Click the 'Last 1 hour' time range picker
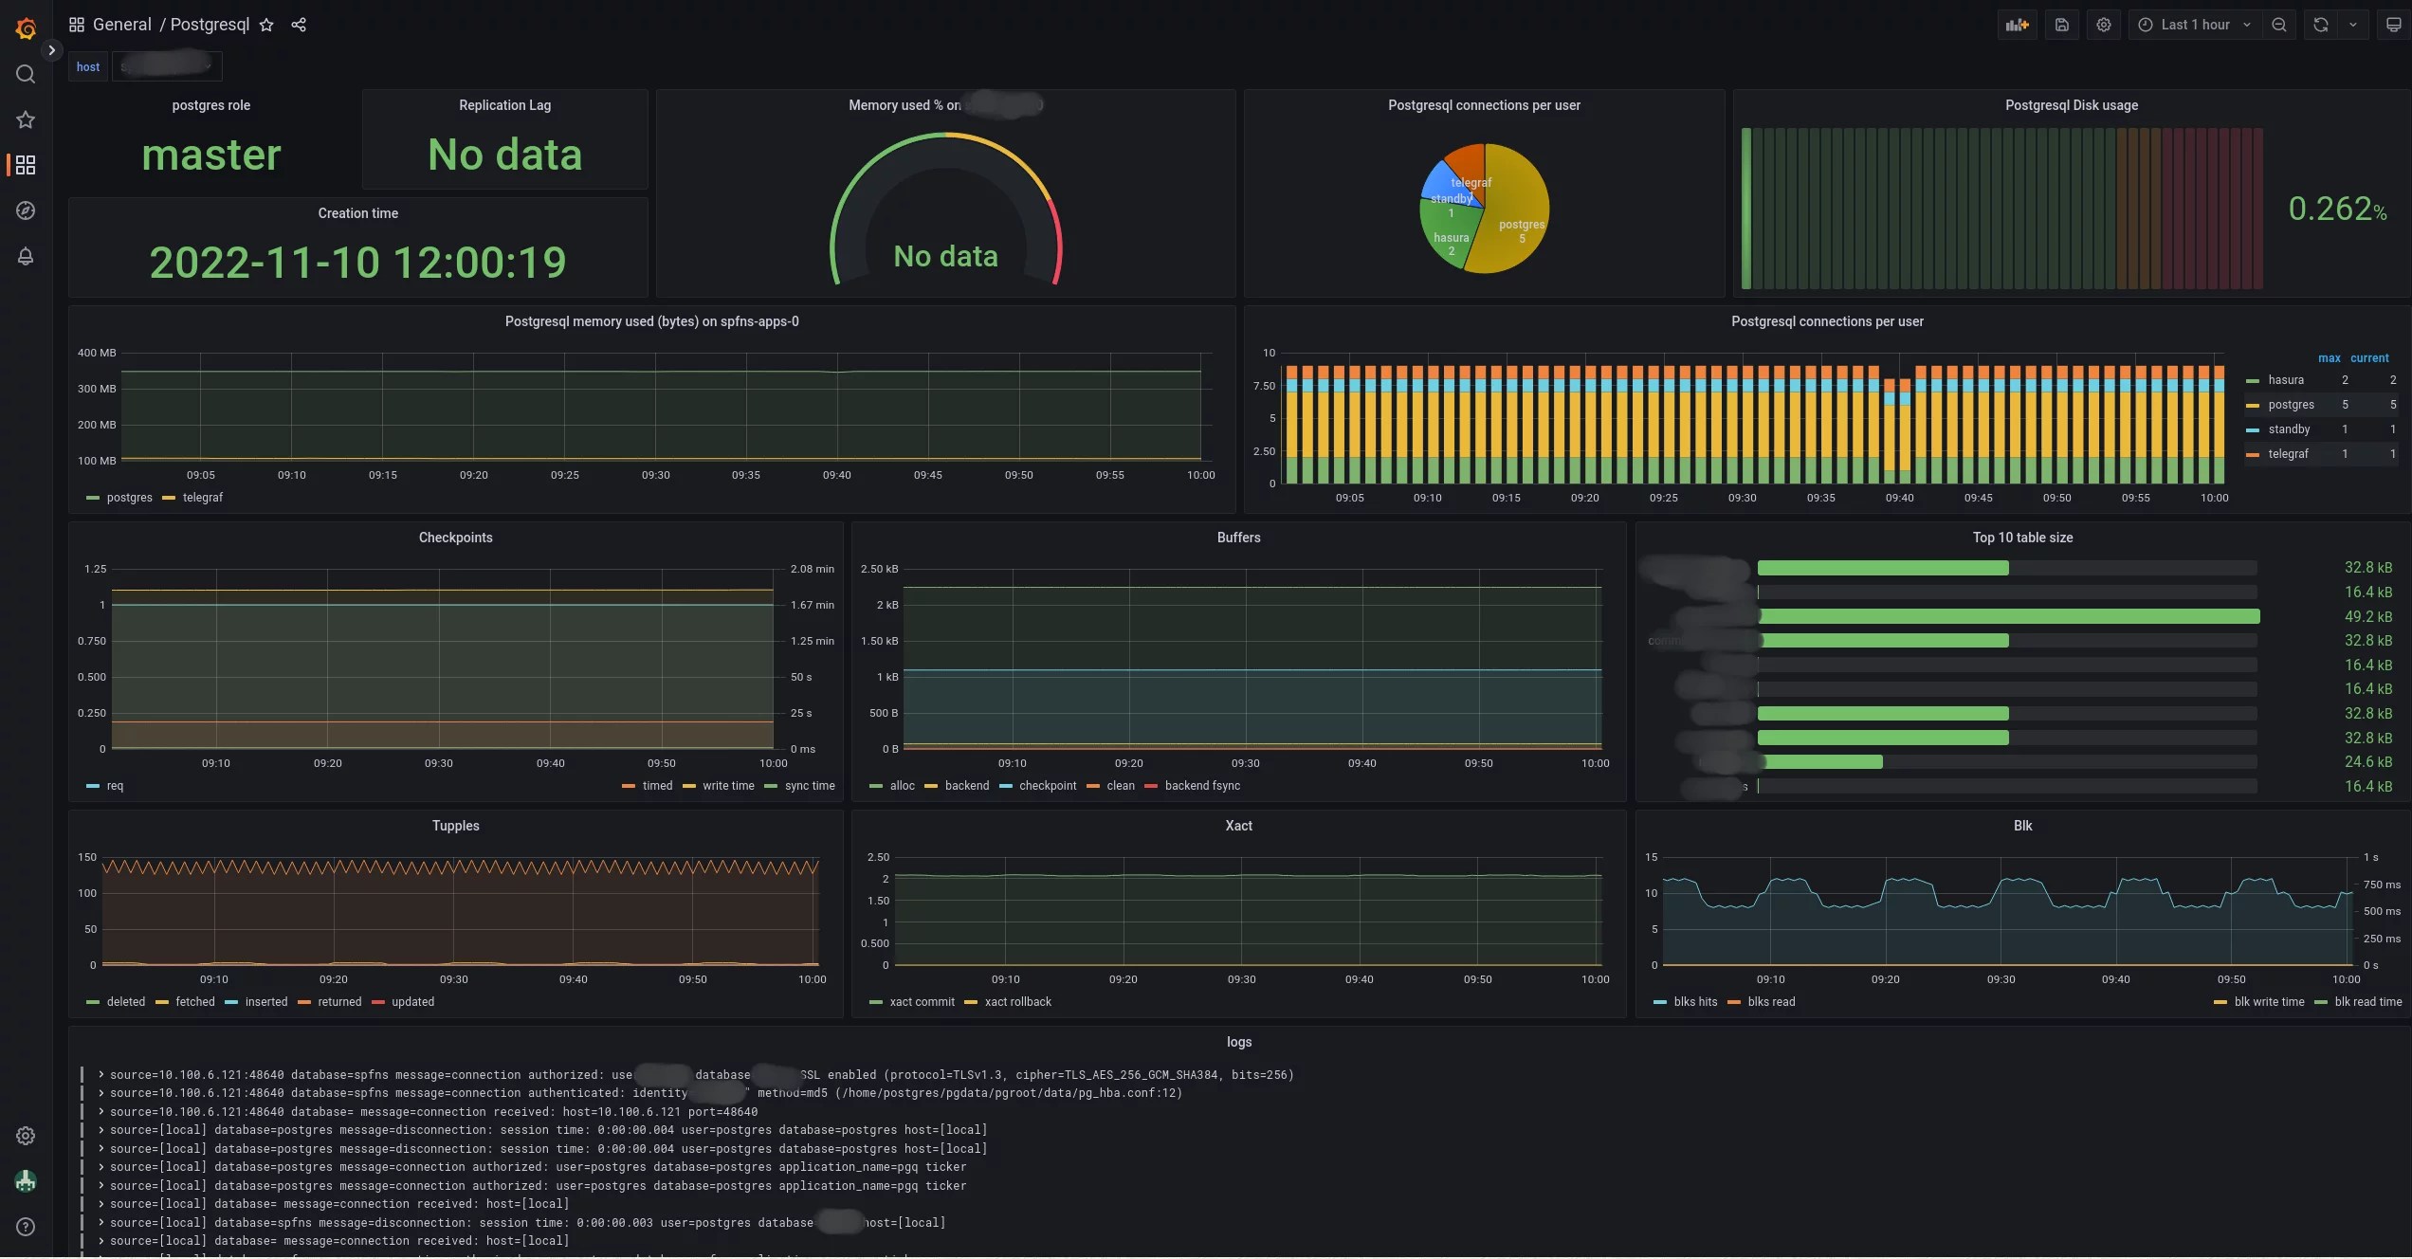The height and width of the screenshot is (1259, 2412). [2194, 25]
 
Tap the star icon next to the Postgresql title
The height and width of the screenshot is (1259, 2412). [266, 25]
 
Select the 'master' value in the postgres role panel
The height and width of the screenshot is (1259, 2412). [211, 155]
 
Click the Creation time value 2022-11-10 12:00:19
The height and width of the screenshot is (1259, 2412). [357, 263]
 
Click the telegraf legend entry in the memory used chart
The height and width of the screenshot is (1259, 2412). [202, 498]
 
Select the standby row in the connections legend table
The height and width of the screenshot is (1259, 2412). [2289, 429]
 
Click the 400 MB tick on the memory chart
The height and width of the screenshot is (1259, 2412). [97, 353]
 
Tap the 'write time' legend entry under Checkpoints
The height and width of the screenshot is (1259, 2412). [727, 786]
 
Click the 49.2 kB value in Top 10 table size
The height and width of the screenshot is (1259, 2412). [2367, 616]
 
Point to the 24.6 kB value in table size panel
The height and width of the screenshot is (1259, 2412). [2367, 762]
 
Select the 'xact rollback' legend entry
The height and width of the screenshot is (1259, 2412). [1017, 1002]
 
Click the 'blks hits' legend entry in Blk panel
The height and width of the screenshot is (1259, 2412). [1694, 1002]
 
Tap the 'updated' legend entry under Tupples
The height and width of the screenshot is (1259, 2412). [412, 1002]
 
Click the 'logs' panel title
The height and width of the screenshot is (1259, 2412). [1238, 1042]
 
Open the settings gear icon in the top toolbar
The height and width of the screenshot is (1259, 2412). [2103, 25]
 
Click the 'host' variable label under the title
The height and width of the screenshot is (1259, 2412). [88, 66]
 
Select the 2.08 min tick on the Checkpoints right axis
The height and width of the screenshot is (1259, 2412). [812, 569]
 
